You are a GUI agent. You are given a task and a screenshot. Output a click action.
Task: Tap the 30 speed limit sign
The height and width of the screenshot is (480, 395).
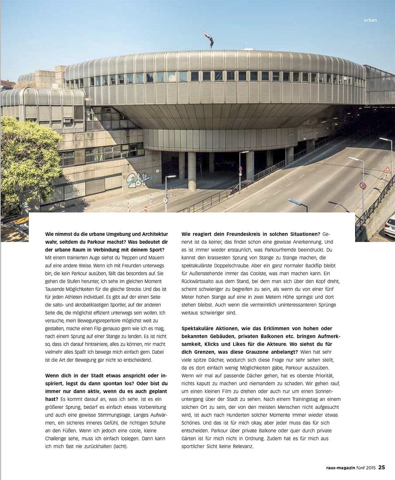(363, 186)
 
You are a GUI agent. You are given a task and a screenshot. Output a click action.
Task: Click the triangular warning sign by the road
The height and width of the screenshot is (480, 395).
(387, 171)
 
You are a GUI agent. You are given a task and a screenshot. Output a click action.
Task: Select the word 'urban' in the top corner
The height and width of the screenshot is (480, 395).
(370, 20)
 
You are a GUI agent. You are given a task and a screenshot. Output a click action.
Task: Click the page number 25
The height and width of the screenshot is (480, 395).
(382, 468)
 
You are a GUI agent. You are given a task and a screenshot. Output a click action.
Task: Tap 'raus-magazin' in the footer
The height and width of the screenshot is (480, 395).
(336, 468)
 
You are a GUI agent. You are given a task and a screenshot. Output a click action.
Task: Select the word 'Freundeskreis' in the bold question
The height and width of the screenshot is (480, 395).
(246, 234)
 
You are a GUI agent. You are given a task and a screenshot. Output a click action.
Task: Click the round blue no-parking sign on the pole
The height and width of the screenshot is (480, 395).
(240, 169)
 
